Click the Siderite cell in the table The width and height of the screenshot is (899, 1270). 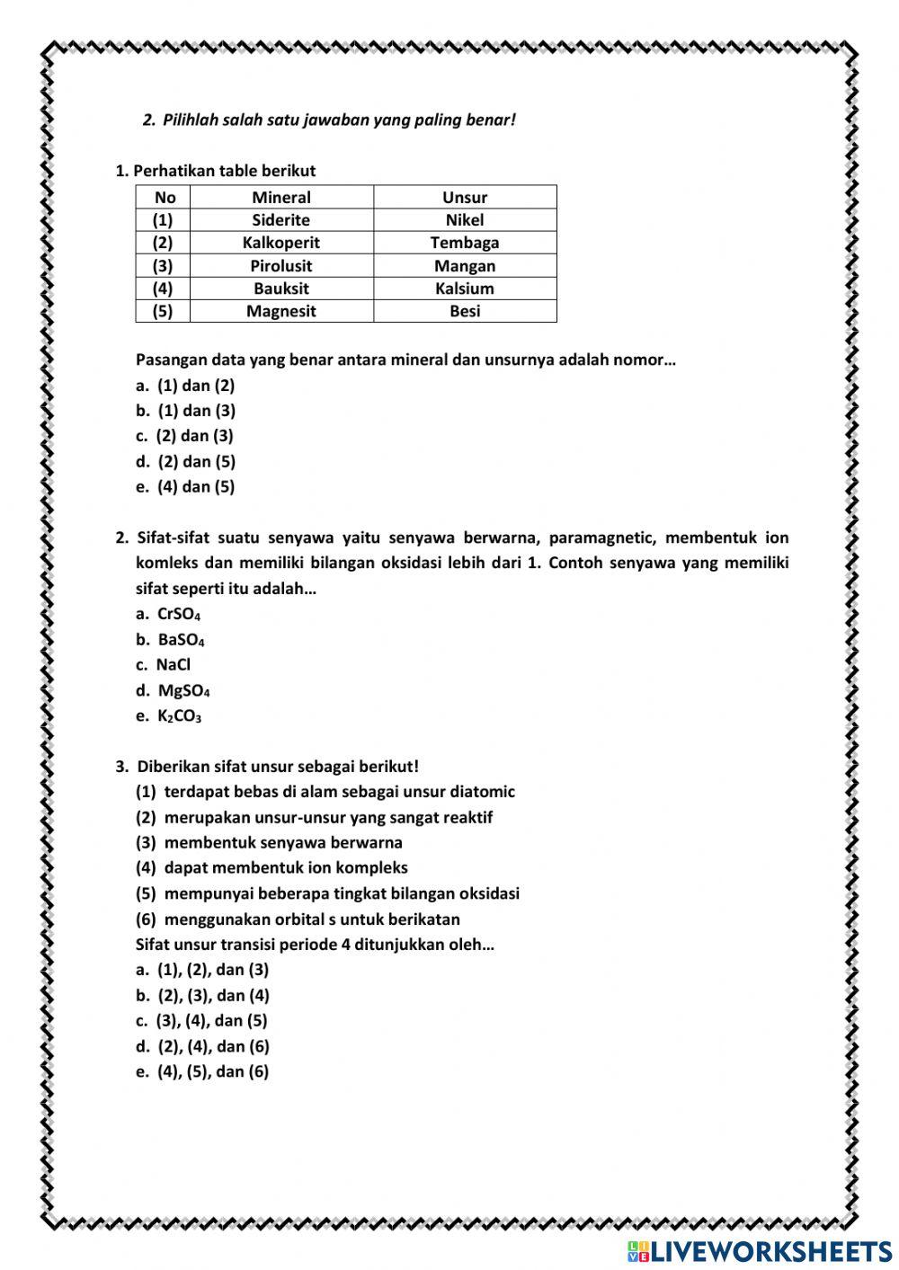click(280, 220)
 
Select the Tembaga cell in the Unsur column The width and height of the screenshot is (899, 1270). click(464, 243)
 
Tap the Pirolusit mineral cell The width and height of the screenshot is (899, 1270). click(280, 266)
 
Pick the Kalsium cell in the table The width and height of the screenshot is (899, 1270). click(464, 289)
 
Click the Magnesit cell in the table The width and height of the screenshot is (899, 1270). click(280, 311)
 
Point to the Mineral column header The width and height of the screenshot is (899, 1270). click(280, 198)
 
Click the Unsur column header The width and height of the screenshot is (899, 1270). click(464, 198)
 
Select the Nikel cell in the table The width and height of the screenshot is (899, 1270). click(464, 220)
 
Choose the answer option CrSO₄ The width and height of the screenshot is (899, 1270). click(178, 614)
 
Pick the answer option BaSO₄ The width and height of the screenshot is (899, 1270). click(180, 640)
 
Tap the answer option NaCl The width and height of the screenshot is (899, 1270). click(173, 665)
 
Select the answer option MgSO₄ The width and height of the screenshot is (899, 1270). click(182, 690)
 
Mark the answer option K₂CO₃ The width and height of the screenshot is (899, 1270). click(178, 716)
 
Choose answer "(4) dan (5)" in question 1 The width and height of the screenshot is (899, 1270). click(195, 486)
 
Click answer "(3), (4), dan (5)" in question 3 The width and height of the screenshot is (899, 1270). click(211, 1020)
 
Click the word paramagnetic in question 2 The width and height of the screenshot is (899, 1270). click(605, 538)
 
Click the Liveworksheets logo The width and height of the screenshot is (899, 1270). click(759, 1251)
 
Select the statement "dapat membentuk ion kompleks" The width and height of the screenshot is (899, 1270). click(285, 867)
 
